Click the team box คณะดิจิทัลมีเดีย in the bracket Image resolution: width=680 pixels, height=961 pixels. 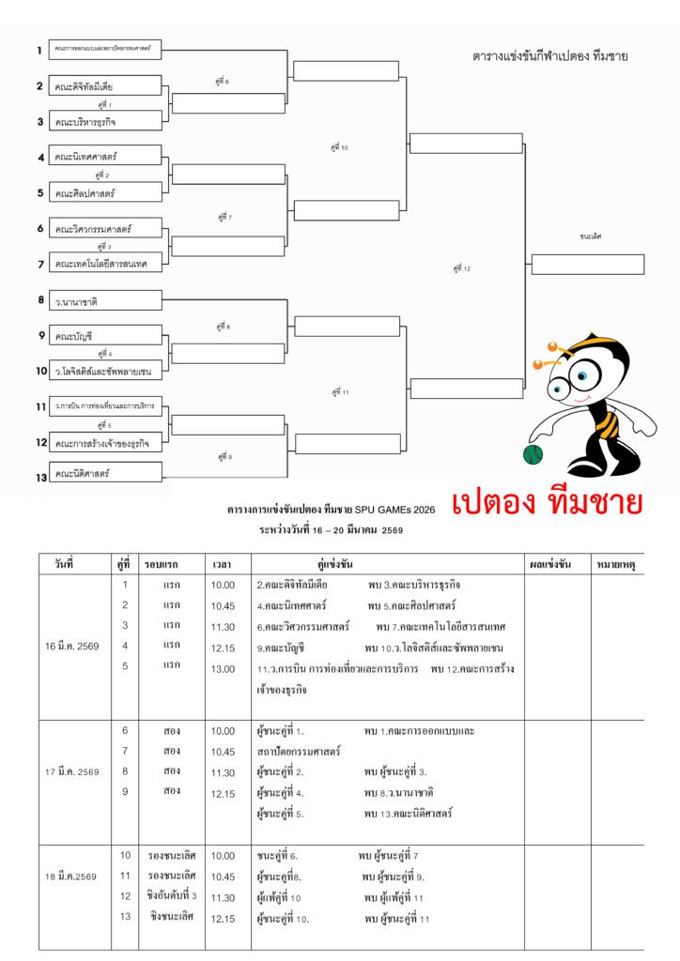pos(104,86)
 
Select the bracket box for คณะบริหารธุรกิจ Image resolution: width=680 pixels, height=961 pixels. pos(104,122)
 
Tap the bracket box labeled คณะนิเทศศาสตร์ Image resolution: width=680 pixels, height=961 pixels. pos(104,156)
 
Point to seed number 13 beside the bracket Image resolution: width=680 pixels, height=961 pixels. pos(41,477)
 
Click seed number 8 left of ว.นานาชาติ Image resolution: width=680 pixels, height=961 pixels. pos(41,300)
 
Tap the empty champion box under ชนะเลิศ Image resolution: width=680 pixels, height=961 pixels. pos(588,264)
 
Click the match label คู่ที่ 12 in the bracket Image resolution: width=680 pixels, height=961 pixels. pos(461,268)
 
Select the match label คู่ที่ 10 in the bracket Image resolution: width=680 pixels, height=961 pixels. pos(340,147)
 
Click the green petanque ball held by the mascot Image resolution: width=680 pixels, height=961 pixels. pos(533,454)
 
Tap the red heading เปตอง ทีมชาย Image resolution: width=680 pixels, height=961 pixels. pos(547,504)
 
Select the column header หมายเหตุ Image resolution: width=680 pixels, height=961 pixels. pos(617,565)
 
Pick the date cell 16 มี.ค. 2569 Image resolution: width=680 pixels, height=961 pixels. pos(72,647)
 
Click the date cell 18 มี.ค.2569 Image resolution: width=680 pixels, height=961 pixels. pos(71,877)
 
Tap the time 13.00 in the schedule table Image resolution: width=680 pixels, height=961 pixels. pos(224,669)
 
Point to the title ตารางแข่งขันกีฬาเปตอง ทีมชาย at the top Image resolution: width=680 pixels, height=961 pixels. pos(550,56)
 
